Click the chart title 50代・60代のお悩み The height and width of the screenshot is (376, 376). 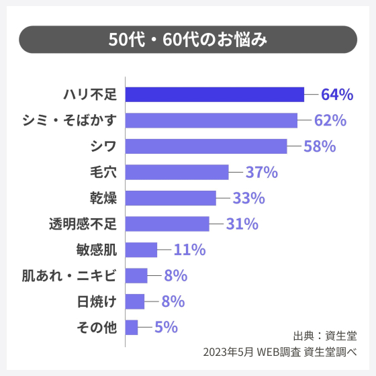188,40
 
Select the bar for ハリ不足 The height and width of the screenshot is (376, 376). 215,95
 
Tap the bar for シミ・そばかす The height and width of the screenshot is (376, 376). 211,120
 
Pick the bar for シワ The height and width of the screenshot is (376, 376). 206,146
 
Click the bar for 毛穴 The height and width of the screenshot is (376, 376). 177,172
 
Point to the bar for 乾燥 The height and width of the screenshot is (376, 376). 171,198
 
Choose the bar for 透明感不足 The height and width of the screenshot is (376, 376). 168,224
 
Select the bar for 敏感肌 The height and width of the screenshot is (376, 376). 142,250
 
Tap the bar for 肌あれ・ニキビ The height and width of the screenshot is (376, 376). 137,275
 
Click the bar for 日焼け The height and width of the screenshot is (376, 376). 136,301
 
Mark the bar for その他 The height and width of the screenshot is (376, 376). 132,327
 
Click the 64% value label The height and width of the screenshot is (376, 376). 337,95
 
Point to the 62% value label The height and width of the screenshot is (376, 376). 330,121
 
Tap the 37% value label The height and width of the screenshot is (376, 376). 262,173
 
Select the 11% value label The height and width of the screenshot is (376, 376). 189,250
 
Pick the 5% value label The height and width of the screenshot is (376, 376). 166,328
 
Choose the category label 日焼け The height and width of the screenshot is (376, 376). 97,301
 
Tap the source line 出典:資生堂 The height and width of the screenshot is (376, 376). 326,335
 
